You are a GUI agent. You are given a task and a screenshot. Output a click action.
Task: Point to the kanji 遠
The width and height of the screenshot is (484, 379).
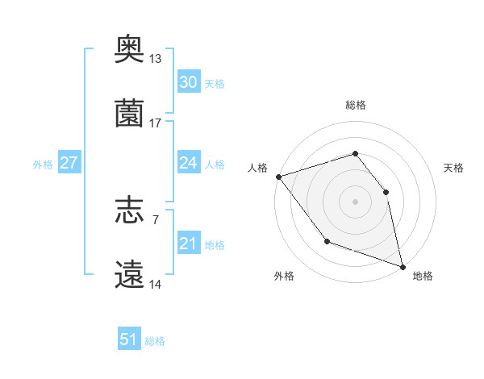130,274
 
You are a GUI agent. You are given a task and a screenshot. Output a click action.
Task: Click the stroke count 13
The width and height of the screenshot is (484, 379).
156,59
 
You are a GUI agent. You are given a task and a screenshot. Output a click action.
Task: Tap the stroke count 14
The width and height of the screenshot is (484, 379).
156,284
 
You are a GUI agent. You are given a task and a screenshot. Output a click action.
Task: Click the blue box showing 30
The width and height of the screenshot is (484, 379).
188,82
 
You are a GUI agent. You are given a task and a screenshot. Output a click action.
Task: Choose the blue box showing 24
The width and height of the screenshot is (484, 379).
188,163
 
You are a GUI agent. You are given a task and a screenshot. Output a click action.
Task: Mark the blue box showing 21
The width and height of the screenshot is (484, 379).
188,244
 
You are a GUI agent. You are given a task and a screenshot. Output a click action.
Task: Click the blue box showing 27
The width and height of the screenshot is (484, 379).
69,163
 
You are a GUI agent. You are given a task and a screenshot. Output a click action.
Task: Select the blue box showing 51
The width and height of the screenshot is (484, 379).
129,339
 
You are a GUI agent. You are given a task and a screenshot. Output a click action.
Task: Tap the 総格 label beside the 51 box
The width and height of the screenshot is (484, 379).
155,341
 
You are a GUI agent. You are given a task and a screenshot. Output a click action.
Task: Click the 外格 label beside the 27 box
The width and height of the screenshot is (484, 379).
43,165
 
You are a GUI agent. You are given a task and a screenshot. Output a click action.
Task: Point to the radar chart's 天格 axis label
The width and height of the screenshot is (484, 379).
454,168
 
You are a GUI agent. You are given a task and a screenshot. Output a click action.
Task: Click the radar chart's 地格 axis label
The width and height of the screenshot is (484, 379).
423,276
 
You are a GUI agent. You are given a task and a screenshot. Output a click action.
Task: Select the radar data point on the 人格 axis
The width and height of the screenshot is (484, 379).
278,177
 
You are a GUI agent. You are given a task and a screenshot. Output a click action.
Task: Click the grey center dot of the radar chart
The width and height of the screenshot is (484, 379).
355,202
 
